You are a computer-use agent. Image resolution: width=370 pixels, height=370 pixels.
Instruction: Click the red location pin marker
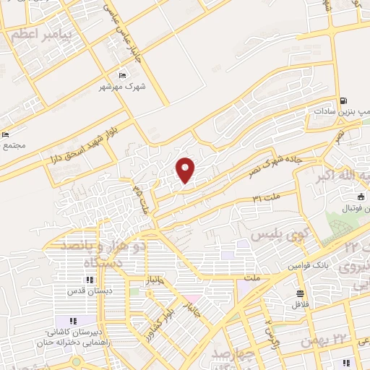tap(186, 170)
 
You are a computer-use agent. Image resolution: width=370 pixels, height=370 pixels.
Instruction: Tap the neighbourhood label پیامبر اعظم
tap(35, 34)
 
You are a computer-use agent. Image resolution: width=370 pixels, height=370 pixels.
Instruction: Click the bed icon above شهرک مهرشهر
tap(121, 75)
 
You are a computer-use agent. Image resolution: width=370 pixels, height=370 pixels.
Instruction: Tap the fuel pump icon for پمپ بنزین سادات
tap(343, 101)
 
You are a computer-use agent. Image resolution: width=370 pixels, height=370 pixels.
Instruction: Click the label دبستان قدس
tap(87, 293)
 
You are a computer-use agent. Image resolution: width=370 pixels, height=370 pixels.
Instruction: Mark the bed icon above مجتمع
tap(6, 134)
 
